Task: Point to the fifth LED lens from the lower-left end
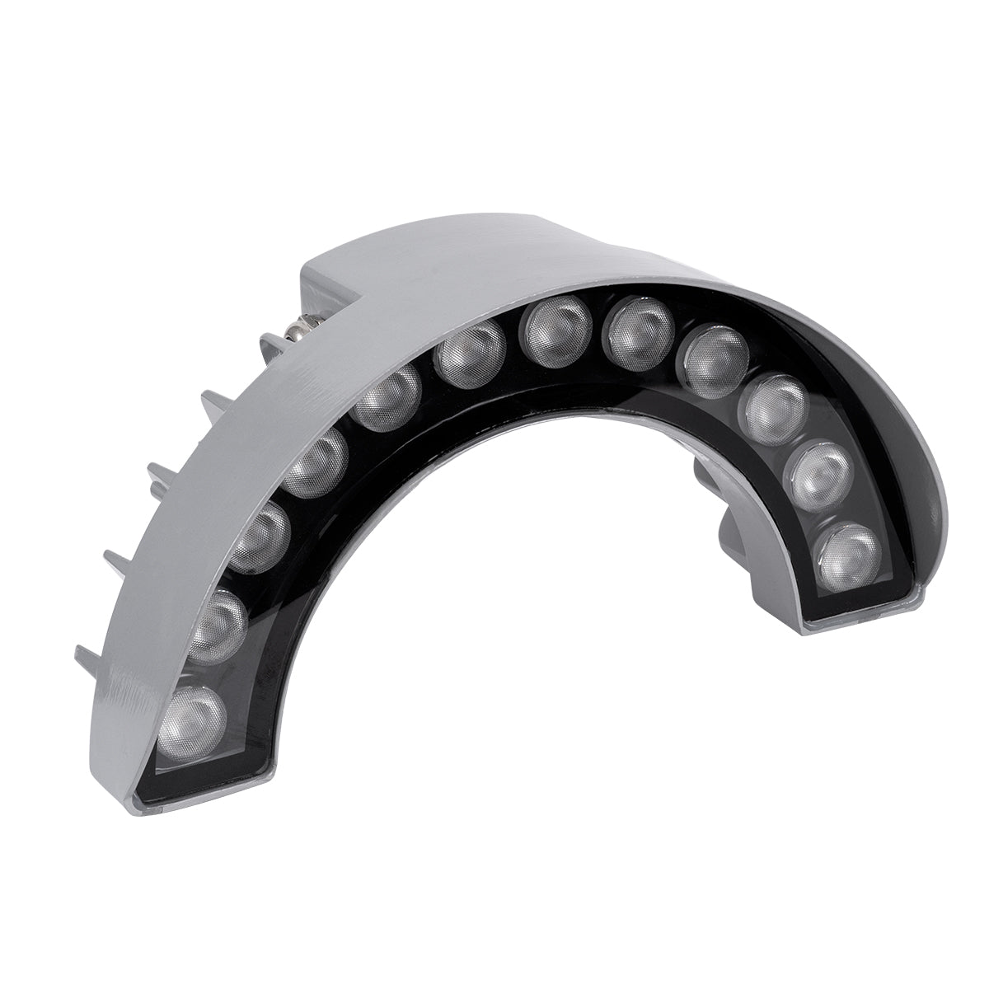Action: pyautogui.click(x=387, y=399)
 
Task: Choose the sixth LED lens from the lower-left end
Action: pyautogui.click(x=471, y=352)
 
